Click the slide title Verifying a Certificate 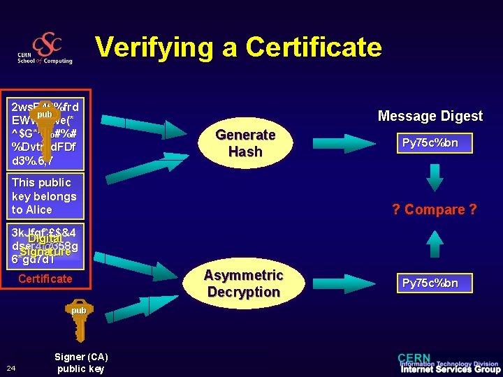(x=238, y=47)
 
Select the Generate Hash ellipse (x=245, y=143)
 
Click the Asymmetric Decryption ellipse (x=245, y=283)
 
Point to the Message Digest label (x=430, y=116)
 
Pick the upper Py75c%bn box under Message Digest (x=430, y=143)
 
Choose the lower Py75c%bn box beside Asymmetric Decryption (x=430, y=283)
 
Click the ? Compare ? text (x=435, y=209)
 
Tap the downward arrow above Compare (x=435, y=177)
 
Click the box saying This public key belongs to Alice (x=46, y=196)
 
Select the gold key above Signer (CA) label (x=79, y=325)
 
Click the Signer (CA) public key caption (x=80, y=362)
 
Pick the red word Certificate (x=45, y=279)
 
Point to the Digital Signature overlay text (x=45, y=245)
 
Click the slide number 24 (x=11, y=368)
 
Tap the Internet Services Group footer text (x=450, y=370)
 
